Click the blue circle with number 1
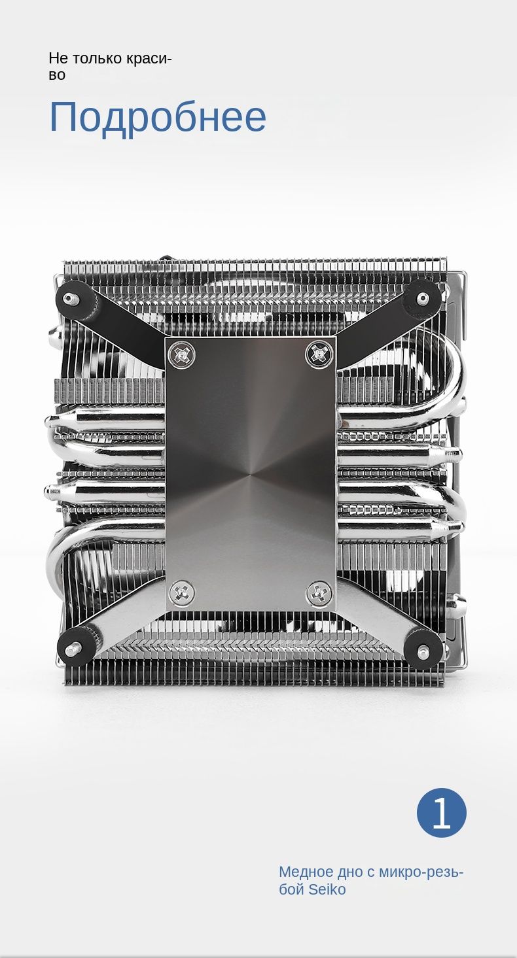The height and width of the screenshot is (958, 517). click(x=442, y=812)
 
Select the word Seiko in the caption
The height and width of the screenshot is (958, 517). click(x=327, y=889)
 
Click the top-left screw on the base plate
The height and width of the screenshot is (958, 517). click(x=181, y=354)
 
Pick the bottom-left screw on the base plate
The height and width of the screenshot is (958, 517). click(x=182, y=592)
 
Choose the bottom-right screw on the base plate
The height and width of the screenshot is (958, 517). click(x=319, y=592)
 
